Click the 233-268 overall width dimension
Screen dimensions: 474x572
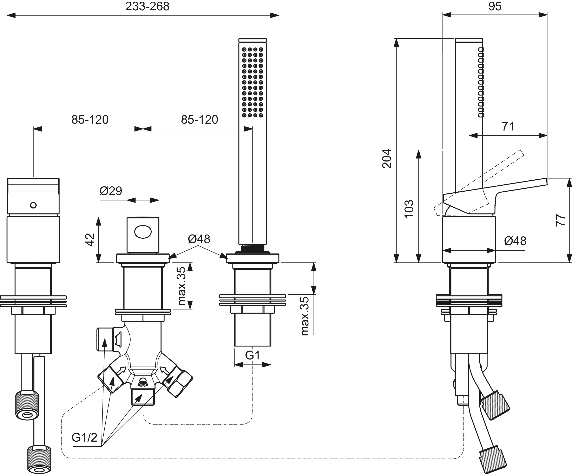click(147, 6)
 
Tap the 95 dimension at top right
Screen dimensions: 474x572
click(495, 6)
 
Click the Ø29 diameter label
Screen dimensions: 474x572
click(111, 191)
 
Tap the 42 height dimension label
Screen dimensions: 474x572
click(90, 240)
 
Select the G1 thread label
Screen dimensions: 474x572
click(252, 355)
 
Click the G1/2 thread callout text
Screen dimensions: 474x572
click(84, 437)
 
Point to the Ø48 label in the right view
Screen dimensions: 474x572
click(515, 241)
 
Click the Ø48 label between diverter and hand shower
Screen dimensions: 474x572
click(199, 239)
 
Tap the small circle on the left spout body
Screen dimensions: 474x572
click(33, 205)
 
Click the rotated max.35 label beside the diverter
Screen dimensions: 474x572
click(182, 286)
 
